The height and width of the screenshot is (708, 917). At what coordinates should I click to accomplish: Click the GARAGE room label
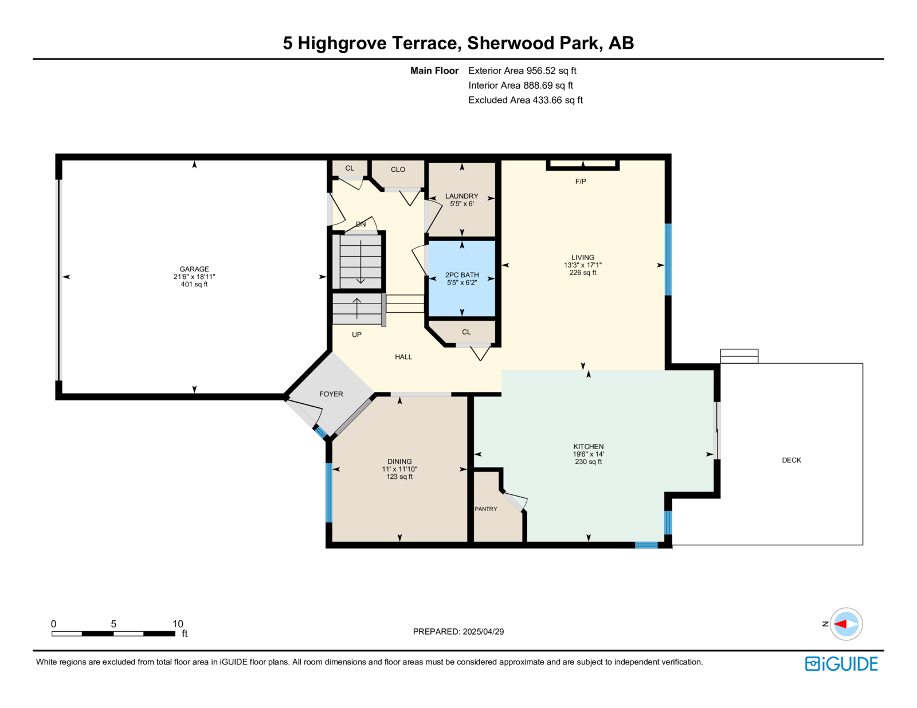pyautogui.click(x=194, y=269)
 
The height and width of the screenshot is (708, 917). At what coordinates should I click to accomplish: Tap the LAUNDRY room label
pyautogui.click(x=462, y=196)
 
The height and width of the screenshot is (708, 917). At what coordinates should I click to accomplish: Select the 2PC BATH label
pyautogui.click(x=462, y=275)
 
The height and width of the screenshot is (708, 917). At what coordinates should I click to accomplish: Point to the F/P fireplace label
pyautogui.click(x=581, y=182)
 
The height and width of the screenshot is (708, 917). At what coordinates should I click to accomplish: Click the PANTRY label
pyautogui.click(x=485, y=509)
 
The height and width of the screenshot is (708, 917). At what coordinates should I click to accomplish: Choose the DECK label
pyautogui.click(x=791, y=460)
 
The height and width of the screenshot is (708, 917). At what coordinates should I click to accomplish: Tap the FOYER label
pyautogui.click(x=331, y=394)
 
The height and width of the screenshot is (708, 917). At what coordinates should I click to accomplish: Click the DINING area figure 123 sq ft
pyautogui.click(x=399, y=477)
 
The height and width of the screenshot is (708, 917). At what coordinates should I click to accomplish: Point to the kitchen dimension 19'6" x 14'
pyautogui.click(x=588, y=454)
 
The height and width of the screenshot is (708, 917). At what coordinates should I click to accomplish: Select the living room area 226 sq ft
pyautogui.click(x=583, y=273)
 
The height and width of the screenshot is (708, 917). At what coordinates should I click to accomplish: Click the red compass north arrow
pyautogui.click(x=840, y=624)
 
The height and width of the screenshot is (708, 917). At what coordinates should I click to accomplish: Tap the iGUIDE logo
pyautogui.click(x=841, y=664)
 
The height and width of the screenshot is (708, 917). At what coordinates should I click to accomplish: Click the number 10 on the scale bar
pyautogui.click(x=178, y=624)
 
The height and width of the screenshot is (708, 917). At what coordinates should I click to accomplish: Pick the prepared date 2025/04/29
pyautogui.click(x=483, y=632)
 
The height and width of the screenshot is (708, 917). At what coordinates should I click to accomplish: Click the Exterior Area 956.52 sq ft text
pyautogui.click(x=522, y=71)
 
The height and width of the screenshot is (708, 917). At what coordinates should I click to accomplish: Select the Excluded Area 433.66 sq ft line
pyautogui.click(x=526, y=100)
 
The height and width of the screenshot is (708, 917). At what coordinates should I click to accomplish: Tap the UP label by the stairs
pyautogui.click(x=356, y=335)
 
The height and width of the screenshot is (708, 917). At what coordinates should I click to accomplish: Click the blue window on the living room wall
pyautogui.click(x=668, y=259)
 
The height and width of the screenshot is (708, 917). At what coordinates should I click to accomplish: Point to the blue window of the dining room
pyautogui.click(x=329, y=493)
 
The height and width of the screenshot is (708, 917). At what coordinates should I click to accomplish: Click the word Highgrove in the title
pyautogui.click(x=342, y=43)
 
